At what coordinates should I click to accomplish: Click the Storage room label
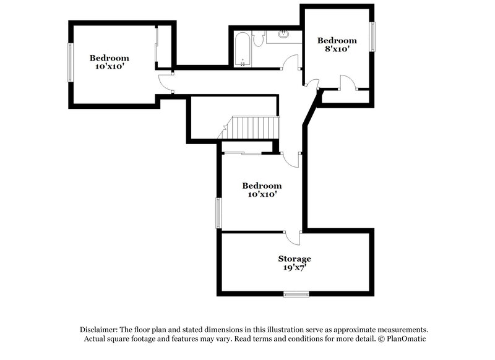pyautogui.click(x=294, y=259)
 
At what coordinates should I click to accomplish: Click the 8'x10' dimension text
pyautogui.click(x=337, y=50)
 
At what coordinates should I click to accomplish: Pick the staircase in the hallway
pyautogui.click(x=254, y=128)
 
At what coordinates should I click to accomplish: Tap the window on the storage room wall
pyautogui.click(x=296, y=293)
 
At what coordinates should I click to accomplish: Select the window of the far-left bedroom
pyautogui.click(x=69, y=62)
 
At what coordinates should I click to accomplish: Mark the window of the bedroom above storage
pyautogui.click(x=217, y=213)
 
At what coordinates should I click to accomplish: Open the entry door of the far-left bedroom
pyautogui.click(x=164, y=82)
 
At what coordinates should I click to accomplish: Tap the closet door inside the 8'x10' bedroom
pyautogui.click(x=348, y=82)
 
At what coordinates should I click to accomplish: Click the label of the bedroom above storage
pyautogui.click(x=262, y=186)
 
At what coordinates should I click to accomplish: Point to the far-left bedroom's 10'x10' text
pyautogui.click(x=112, y=66)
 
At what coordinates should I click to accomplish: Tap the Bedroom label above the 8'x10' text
pyautogui.click(x=337, y=41)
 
